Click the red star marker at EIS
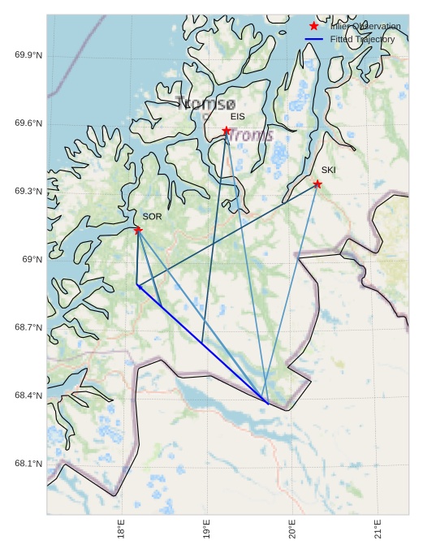click(x=227, y=131)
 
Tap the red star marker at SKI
click(x=317, y=184)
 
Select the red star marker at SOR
click(x=138, y=230)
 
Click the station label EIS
click(x=237, y=117)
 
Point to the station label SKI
click(x=328, y=170)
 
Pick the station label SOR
click(x=152, y=217)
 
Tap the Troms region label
click(x=249, y=136)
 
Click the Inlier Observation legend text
click(x=365, y=27)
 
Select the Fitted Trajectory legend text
click(x=362, y=39)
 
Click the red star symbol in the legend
click(x=314, y=27)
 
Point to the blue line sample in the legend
click(x=314, y=39)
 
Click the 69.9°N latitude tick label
click(x=28, y=55)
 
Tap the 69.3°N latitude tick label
click(x=28, y=192)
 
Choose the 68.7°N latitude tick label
click(x=28, y=328)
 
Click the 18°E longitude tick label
click(x=121, y=530)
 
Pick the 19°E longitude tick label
click(x=207, y=530)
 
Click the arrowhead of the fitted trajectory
click(x=139, y=286)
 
